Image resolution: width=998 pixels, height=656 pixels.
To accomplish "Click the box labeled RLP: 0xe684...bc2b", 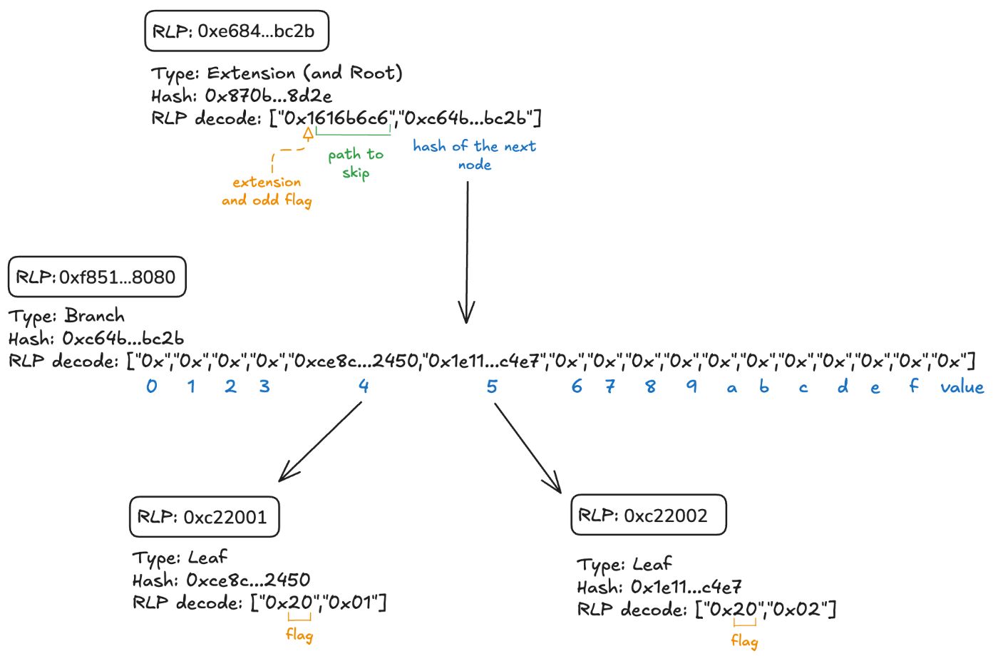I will tap(237, 31).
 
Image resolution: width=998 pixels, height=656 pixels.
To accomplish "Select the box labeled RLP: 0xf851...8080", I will tap(97, 277).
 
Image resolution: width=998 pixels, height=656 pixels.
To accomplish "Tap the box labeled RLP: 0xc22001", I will tap(204, 517).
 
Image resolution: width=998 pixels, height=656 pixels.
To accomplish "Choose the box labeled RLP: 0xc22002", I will tap(648, 516).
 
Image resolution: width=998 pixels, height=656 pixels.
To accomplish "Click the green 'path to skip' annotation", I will tap(355, 163).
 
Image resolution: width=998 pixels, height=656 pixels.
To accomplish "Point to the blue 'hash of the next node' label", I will tap(474, 155).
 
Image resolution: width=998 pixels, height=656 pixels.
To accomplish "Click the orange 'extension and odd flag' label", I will tap(267, 191).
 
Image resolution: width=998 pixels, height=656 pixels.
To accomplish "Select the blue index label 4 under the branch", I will tap(364, 386).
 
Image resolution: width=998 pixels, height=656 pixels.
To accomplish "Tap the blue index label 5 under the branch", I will tap(492, 386).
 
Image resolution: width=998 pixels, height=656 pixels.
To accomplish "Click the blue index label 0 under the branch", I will tap(152, 386).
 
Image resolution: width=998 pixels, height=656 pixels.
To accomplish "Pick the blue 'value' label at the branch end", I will tap(962, 387).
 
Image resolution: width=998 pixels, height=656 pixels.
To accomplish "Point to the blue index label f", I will tap(913, 386).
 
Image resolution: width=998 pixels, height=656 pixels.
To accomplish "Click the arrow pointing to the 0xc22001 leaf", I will tap(321, 441).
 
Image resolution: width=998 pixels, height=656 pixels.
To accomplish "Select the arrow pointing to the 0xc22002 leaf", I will tap(528, 448).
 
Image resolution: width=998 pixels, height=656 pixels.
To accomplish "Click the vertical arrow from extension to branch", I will tap(467, 250).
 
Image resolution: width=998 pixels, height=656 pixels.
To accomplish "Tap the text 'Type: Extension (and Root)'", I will tap(277, 73).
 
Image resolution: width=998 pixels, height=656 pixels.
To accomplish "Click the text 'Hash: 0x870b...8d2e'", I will tap(241, 96).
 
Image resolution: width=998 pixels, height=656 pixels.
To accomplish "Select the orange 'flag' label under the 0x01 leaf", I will tap(299, 634).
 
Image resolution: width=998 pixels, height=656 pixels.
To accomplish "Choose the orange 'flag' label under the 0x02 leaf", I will tap(744, 640).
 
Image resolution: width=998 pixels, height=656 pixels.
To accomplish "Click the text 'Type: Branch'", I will tap(66, 316).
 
